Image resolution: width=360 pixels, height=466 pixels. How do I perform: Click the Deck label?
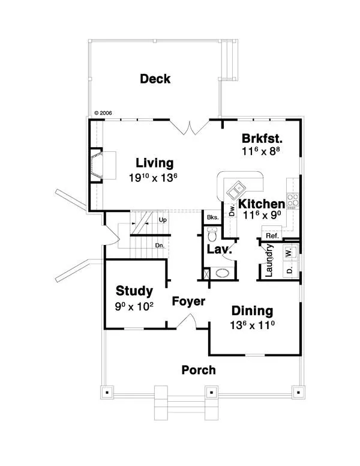pos(155,79)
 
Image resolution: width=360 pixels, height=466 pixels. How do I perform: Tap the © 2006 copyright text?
pos(103,113)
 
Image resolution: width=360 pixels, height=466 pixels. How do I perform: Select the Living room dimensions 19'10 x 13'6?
pos(153,178)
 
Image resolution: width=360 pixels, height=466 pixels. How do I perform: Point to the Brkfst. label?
pos(262,139)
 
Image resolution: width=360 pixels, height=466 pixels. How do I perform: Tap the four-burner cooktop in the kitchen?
pos(293,200)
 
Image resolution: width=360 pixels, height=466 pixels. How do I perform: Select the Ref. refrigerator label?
pos(272,236)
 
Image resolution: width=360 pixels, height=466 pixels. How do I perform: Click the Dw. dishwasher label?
pos(232,211)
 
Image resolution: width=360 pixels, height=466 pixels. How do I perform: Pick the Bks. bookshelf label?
pos(212,217)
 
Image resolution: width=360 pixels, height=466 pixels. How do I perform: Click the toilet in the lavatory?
pos(212,234)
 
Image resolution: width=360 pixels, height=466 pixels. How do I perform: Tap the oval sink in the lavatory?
pos(223,273)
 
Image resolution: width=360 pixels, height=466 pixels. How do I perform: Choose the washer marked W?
pos(290,253)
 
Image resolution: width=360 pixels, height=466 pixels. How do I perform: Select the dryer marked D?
pos(290,270)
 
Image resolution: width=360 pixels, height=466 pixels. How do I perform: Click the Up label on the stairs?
pos(163,220)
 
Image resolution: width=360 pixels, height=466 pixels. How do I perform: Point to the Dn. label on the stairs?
pos(160,246)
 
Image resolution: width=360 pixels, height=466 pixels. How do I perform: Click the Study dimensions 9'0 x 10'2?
pos(134,306)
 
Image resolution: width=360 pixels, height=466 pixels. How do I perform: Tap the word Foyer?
pos(188,301)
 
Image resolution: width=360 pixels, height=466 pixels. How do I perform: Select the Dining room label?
pos(252,310)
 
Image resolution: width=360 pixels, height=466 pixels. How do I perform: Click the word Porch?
pos(199,370)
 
